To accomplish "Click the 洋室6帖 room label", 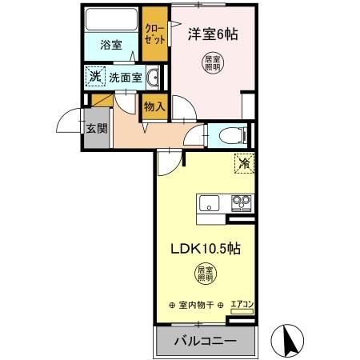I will [x=213, y=34].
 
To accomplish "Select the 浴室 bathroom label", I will [x=111, y=46].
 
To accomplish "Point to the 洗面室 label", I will [x=126, y=78].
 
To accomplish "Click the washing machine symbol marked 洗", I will [x=95, y=78].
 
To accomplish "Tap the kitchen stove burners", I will [x=241, y=202].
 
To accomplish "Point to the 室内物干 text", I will [x=196, y=305].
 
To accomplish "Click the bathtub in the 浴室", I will [x=111, y=19].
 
